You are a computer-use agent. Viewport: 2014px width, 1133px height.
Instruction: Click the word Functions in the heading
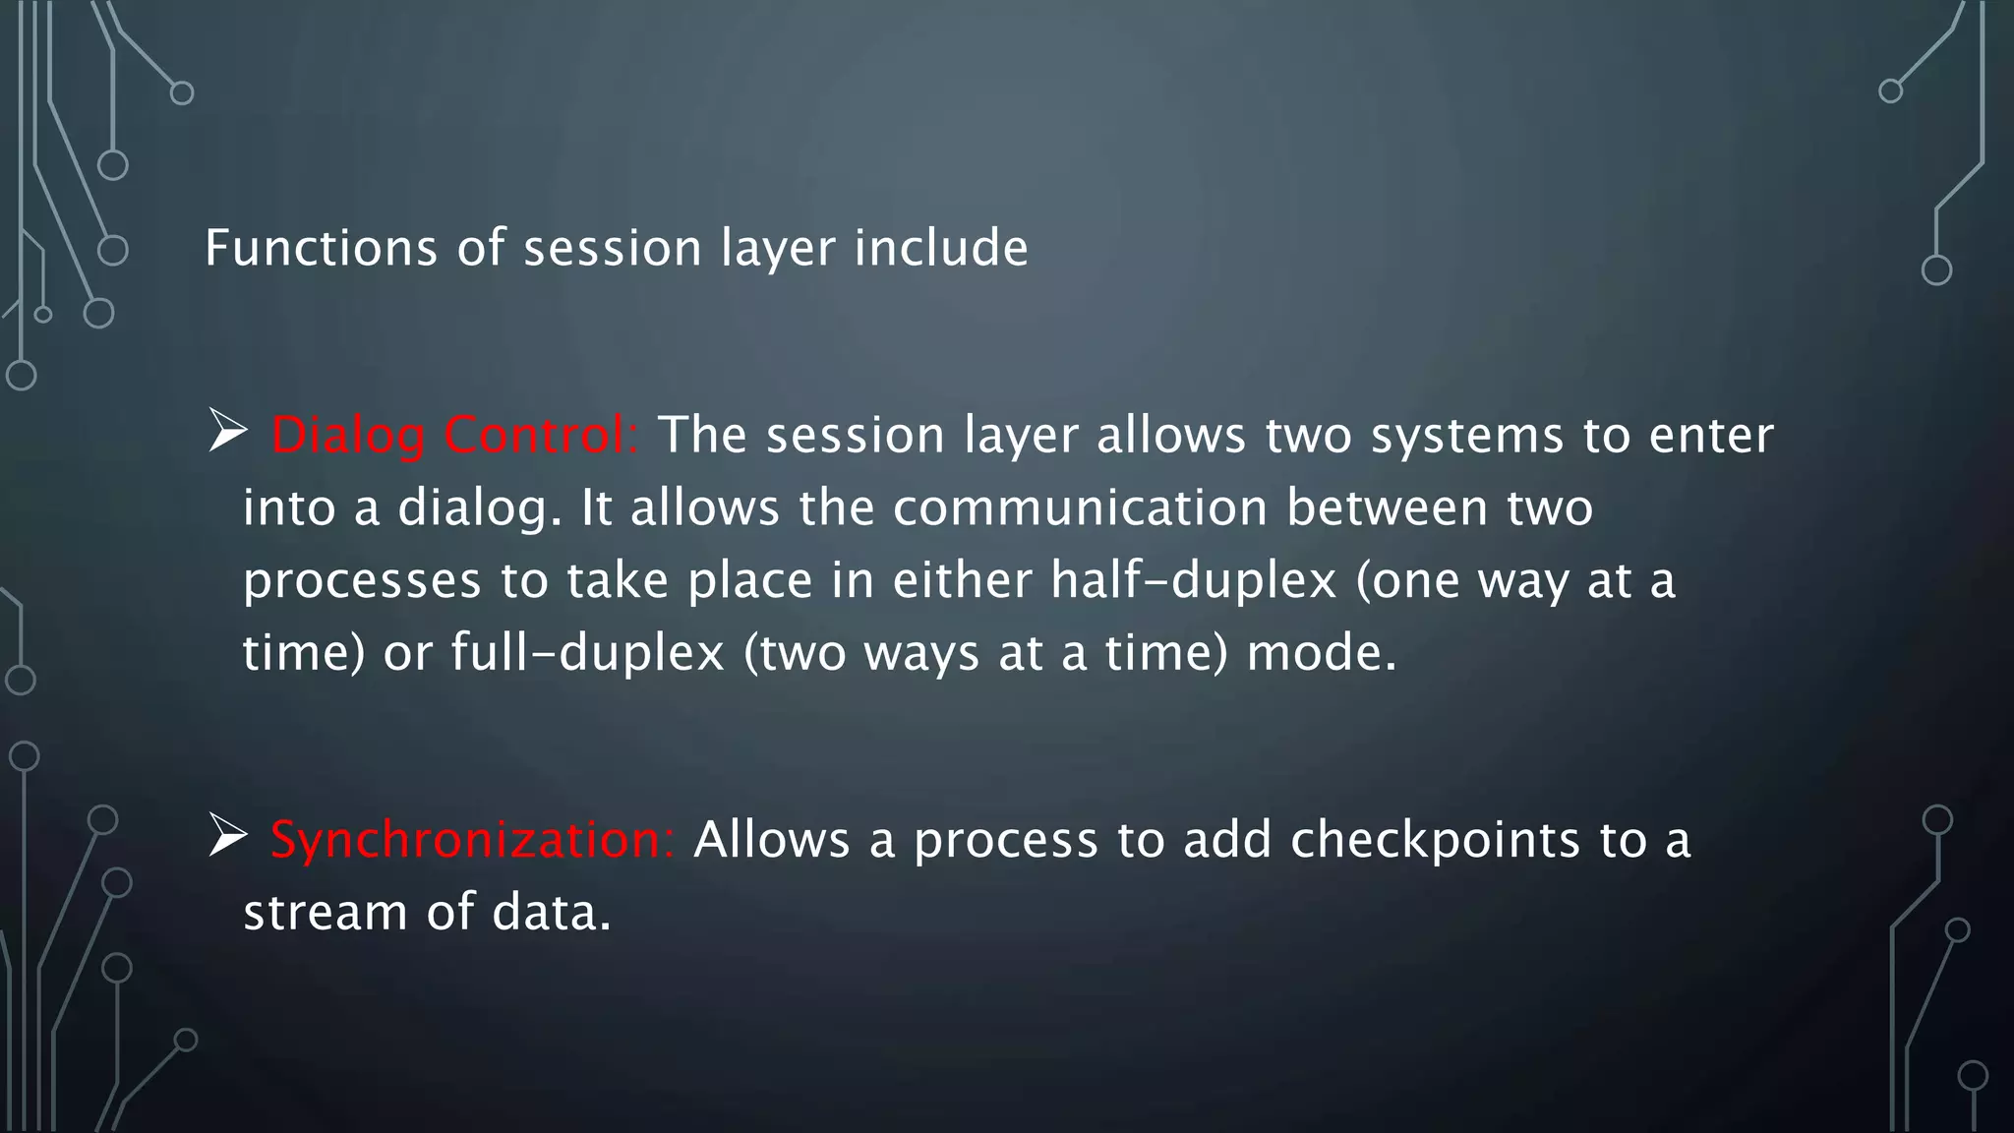click(321, 248)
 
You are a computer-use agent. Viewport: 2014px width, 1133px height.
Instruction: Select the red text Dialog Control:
click(454, 436)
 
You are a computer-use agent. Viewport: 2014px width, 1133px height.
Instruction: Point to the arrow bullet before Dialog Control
click(227, 433)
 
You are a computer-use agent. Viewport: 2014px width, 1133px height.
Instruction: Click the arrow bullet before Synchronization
click(227, 837)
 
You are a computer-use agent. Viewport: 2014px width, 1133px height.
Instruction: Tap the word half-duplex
click(1193, 580)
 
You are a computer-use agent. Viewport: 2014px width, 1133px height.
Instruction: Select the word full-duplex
click(587, 653)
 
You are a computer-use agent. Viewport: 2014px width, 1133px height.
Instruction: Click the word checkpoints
click(1434, 841)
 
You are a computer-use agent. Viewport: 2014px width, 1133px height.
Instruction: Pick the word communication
click(1080, 508)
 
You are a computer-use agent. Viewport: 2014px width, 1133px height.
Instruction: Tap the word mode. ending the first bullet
click(1321, 653)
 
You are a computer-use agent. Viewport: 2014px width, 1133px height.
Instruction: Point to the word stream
click(325, 913)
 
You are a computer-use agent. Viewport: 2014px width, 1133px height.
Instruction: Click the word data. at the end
click(551, 913)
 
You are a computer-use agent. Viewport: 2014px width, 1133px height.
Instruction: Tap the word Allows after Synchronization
click(771, 841)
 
